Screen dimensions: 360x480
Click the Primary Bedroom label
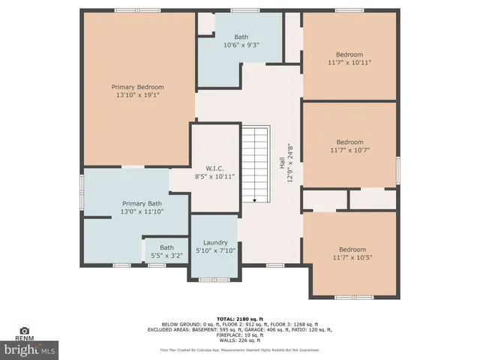click(x=137, y=87)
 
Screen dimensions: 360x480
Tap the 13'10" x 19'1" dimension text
click(x=137, y=95)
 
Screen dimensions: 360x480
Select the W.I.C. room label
click(x=215, y=168)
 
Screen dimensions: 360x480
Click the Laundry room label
click(x=215, y=242)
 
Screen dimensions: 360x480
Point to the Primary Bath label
click(x=142, y=203)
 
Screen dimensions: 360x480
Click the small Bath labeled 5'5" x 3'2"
click(x=166, y=247)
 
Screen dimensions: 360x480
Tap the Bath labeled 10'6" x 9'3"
click(x=241, y=37)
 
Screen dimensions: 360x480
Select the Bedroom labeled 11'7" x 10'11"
click(x=349, y=55)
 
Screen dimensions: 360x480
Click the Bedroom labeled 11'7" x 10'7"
click(x=349, y=142)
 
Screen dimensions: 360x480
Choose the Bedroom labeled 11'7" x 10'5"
click(x=352, y=250)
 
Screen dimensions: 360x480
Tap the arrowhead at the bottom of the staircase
click(x=255, y=199)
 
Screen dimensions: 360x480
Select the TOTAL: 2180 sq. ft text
click(x=240, y=318)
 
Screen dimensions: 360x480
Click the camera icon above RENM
click(x=25, y=330)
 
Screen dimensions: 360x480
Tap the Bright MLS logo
click(x=30, y=349)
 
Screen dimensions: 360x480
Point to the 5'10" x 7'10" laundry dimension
click(x=215, y=250)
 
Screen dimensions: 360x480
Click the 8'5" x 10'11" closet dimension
click(x=215, y=176)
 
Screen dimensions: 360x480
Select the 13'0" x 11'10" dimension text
click(x=142, y=212)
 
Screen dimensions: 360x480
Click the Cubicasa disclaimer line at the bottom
click(x=240, y=350)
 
